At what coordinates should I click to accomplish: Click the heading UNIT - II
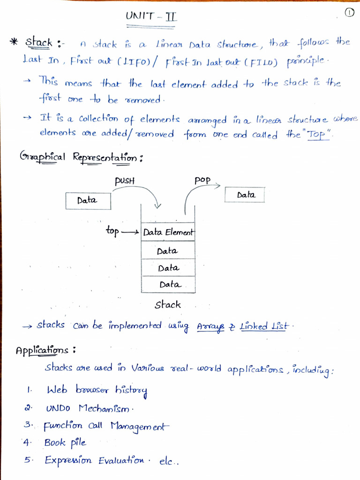[151, 17]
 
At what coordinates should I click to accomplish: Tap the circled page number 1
[350, 13]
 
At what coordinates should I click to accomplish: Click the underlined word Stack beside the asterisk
[38, 43]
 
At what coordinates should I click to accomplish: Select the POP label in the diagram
[202, 180]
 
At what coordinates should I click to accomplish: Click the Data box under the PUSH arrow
[88, 201]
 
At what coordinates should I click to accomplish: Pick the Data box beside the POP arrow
[245, 195]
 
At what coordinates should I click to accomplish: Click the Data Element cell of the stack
[168, 232]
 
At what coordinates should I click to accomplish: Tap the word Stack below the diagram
[168, 305]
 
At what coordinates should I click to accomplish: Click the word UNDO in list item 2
[58, 408]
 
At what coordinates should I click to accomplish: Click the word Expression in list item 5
[68, 460]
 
